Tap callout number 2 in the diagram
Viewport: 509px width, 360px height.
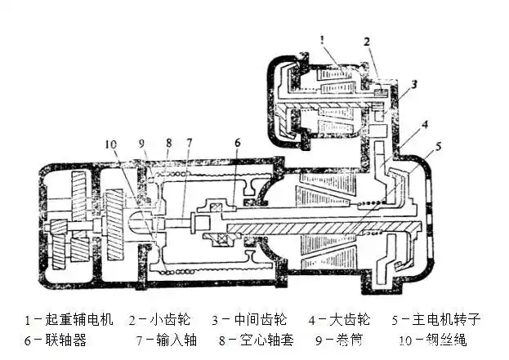pos(368,41)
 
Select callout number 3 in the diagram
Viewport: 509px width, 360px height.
pos(414,84)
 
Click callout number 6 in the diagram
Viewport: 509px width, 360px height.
pos(236,143)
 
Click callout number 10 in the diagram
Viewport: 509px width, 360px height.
pos(112,144)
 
